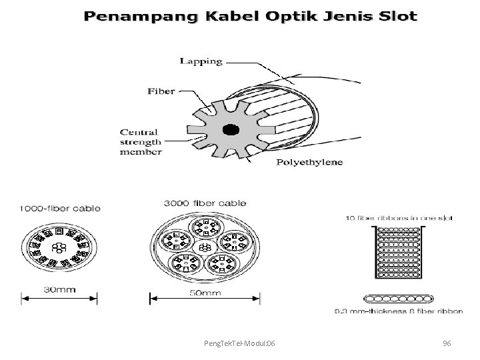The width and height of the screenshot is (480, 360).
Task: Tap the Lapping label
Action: (201, 61)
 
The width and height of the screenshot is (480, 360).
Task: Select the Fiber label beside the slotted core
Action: (161, 91)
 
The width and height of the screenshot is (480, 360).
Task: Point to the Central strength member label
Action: (141, 141)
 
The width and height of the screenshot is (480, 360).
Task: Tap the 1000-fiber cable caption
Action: (60, 209)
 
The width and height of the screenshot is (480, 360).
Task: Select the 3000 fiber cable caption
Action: (205, 203)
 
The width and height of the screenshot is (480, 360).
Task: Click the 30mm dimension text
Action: (59, 289)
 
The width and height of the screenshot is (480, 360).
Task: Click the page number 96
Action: (447, 343)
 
